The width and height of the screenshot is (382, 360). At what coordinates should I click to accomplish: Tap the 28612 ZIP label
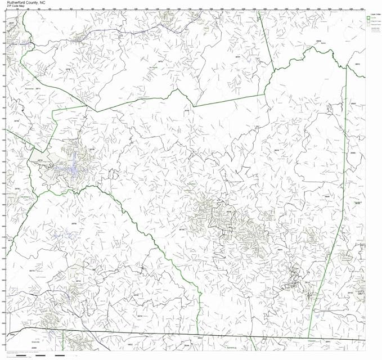[x=357, y=64]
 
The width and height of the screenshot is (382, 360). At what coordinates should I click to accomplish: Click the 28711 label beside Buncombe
[x=39, y=89]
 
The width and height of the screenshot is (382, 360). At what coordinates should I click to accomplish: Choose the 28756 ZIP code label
[x=73, y=223]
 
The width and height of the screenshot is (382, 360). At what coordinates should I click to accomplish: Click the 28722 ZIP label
[x=78, y=280]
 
